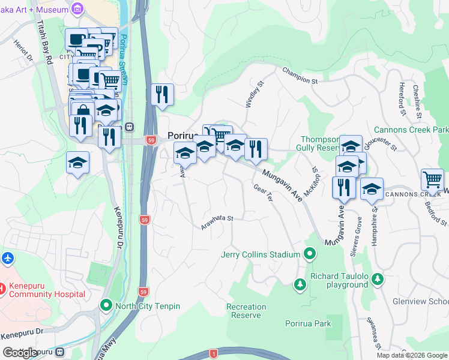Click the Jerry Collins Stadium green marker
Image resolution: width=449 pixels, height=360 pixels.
pyautogui.click(x=310, y=254)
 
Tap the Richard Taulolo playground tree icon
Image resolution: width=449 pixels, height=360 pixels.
pyautogui.click(x=300, y=283)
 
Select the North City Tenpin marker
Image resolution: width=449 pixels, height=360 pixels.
pyautogui.click(x=106, y=306)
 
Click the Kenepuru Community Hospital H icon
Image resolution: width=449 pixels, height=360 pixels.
pyautogui.click(x=1, y=289)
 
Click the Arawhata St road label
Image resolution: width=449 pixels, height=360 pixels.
pyautogui.click(x=217, y=222)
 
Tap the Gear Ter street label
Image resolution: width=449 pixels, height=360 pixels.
pyautogui.click(x=263, y=193)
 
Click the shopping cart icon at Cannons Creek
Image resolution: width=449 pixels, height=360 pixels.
pyautogui.click(x=432, y=179)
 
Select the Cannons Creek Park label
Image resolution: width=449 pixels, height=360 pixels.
pyautogui.click(x=411, y=130)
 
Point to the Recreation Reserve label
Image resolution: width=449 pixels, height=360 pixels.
pyautogui.click(x=246, y=311)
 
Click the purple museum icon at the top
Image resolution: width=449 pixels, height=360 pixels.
pyautogui.click(x=77, y=8)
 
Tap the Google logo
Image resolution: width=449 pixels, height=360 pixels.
pyautogui.click(x=20, y=353)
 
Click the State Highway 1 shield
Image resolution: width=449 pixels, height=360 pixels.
pyautogui.click(x=214, y=354)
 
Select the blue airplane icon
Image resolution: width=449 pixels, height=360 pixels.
pyautogui.click(x=7, y=259)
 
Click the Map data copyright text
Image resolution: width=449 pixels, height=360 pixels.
pyautogui.click(x=411, y=355)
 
